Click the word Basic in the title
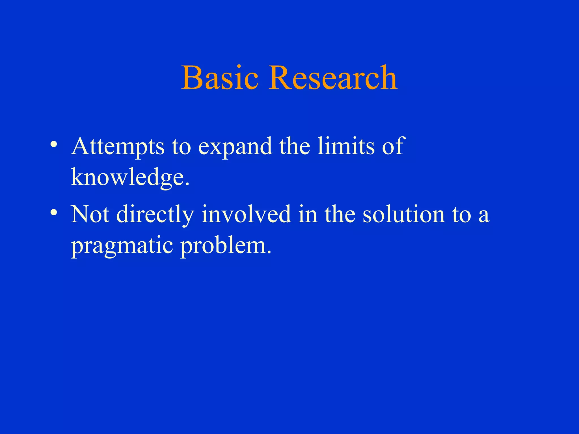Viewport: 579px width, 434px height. (x=220, y=78)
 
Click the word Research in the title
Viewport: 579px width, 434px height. (x=333, y=78)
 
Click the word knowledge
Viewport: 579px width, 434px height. (x=129, y=177)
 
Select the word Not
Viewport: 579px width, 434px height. (x=90, y=214)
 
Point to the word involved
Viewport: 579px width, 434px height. (x=246, y=214)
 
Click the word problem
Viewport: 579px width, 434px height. (x=226, y=245)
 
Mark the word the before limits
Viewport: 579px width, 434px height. (x=295, y=146)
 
